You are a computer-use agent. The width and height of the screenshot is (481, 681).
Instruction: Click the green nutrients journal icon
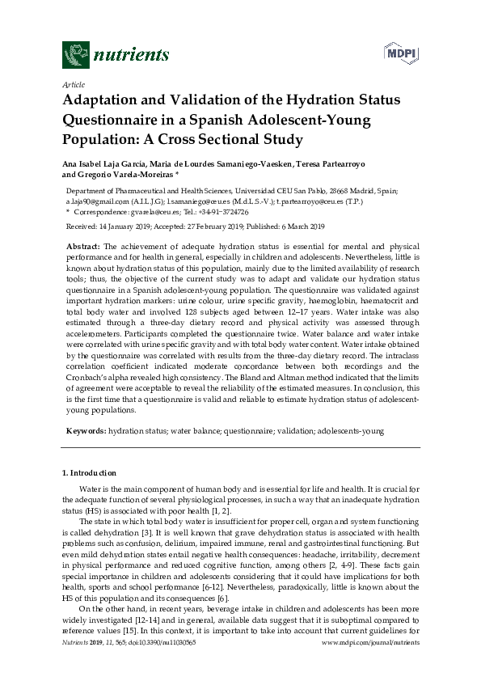[x=76, y=55]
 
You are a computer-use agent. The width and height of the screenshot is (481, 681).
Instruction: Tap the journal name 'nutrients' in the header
[x=132, y=55]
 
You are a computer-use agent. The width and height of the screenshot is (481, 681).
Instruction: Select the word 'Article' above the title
[x=74, y=84]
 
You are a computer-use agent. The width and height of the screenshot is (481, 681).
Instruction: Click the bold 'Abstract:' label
[x=83, y=245]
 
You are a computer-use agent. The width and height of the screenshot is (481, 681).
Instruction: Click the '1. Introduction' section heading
[x=89, y=473]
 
